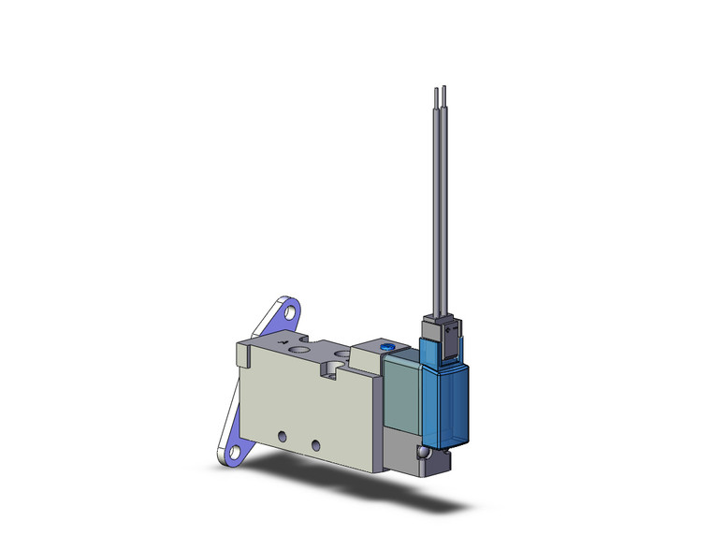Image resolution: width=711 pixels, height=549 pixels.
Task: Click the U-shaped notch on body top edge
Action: pos(334,369)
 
